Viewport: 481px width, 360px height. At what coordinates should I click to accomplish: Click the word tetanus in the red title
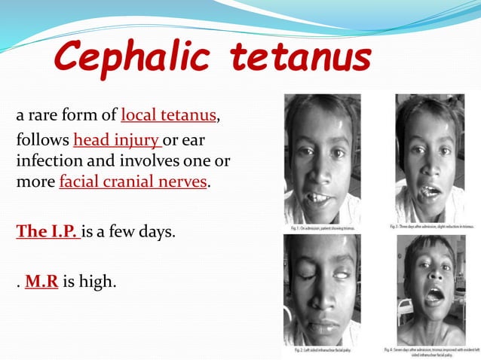point(301,59)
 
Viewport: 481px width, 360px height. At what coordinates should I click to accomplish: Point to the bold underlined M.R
point(42,283)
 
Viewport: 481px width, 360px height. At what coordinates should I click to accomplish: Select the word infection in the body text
point(45,162)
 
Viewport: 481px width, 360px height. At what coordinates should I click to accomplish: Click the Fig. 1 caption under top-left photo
point(325,227)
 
